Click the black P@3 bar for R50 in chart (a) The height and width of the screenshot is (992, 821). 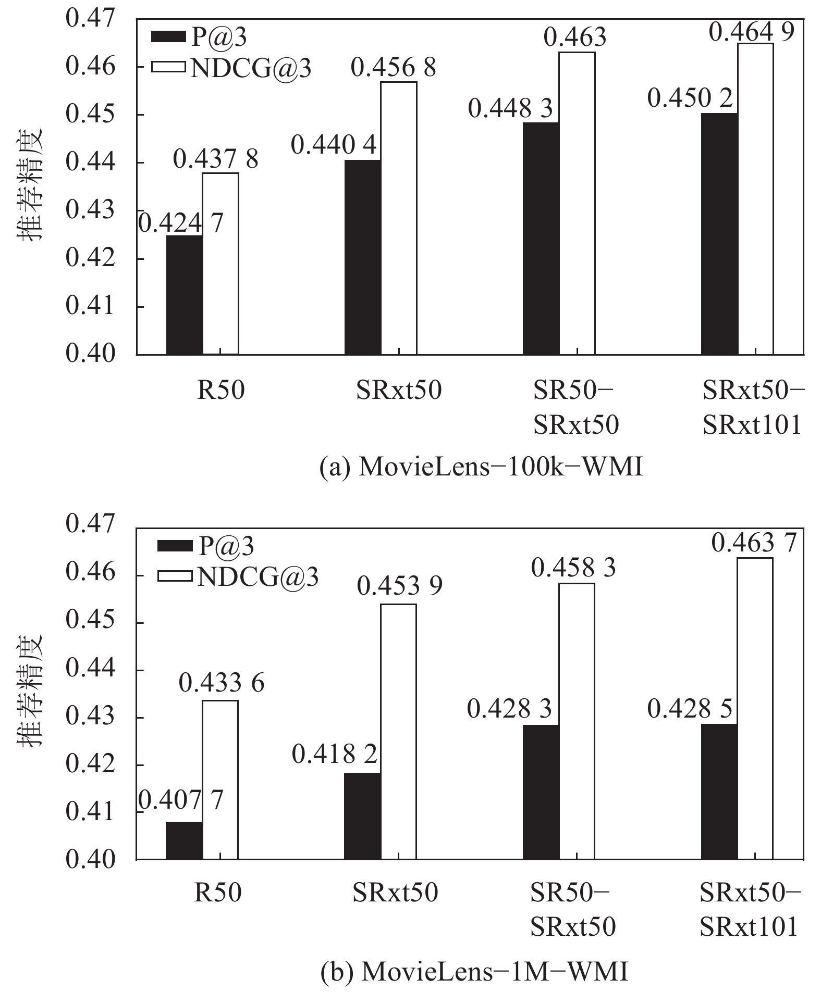click(185, 295)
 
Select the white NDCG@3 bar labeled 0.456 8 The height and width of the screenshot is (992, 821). click(398, 218)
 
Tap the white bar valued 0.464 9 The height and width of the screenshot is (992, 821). click(755, 199)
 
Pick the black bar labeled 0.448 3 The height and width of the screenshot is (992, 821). click(541, 238)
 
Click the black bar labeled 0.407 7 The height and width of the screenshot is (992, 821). click(185, 840)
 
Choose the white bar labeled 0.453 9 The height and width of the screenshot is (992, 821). click(398, 731)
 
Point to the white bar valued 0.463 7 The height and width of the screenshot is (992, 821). click(755, 708)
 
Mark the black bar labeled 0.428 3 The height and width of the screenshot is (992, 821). click(541, 792)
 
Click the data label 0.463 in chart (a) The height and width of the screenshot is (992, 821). click(575, 37)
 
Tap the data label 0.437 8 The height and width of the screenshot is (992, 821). click(216, 159)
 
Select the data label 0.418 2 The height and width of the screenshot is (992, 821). click(334, 754)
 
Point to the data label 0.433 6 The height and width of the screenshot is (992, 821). click(222, 683)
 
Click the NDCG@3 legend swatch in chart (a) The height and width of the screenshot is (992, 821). click(168, 67)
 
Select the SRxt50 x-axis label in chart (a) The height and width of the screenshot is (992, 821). click(399, 390)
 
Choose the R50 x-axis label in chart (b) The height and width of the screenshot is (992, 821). click(218, 892)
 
